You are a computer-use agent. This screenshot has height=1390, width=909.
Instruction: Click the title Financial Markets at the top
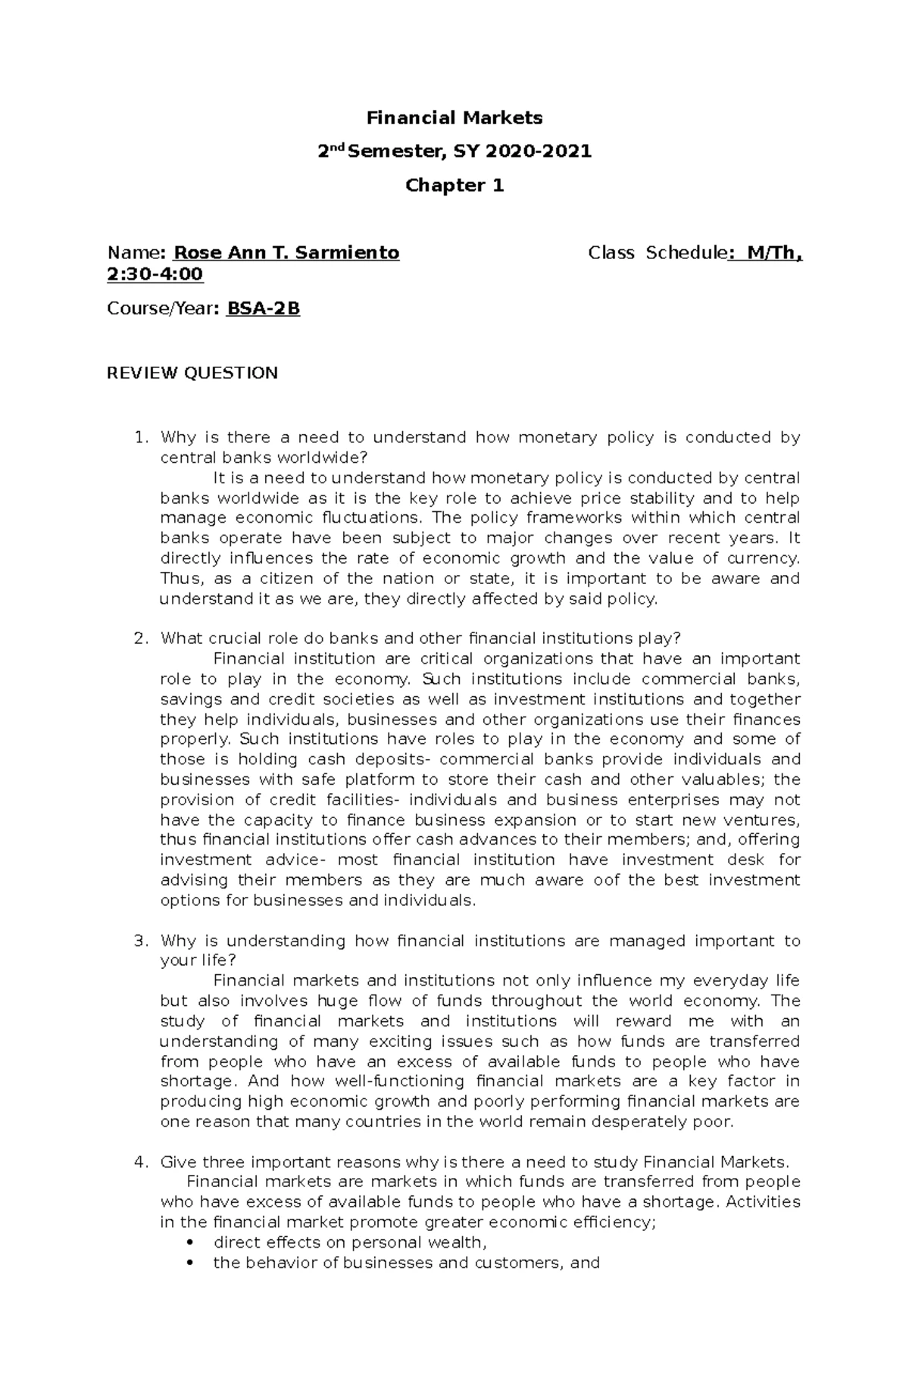[x=454, y=118]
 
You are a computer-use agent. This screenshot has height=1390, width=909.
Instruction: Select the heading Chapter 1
[x=454, y=186]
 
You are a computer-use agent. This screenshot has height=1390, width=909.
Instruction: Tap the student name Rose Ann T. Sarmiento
[x=286, y=253]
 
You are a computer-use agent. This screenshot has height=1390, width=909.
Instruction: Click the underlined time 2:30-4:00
[x=156, y=273]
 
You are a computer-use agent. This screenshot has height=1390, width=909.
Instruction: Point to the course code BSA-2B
[x=263, y=309]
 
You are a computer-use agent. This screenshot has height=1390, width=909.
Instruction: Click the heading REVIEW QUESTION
[x=192, y=373]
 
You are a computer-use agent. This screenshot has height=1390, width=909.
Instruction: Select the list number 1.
[x=139, y=438]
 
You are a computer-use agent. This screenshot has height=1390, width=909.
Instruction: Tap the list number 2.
[x=139, y=639]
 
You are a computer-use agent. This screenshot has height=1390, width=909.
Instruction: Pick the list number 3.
[x=139, y=941]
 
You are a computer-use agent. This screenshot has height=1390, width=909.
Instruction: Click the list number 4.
[x=139, y=1162]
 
